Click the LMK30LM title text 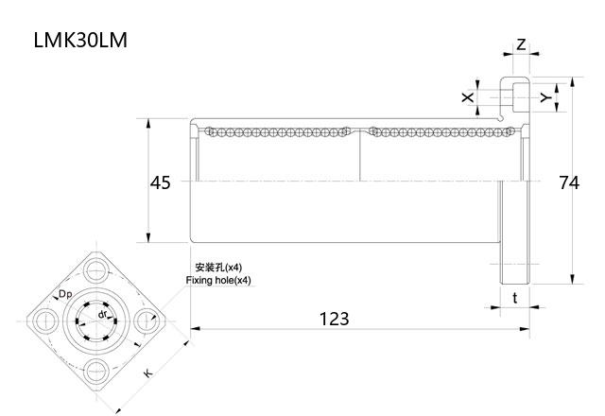coord(80,41)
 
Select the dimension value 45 coord(161,182)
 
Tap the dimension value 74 coord(568,182)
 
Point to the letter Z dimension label coord(521,43)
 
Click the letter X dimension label coord(466,97)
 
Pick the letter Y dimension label coord(544,97)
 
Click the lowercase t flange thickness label coord(514,297)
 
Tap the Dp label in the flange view coord(66,295)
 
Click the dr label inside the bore coord(102,313)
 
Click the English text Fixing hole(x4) coord(218,281)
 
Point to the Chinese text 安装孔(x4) coord(217,268)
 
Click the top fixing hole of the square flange coord(96,270)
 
